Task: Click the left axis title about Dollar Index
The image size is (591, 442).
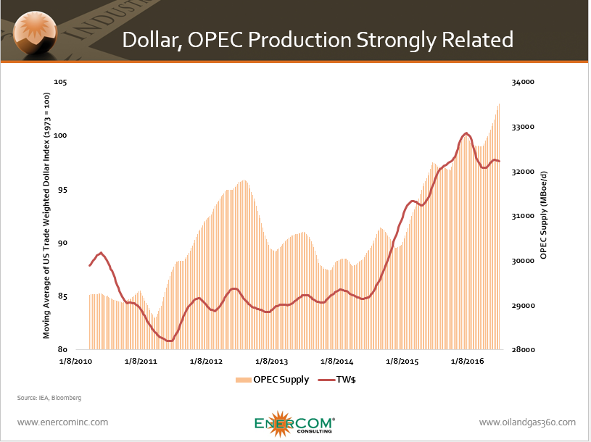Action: pos(46,216)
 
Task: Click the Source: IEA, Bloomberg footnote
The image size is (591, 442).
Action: pos(49,398)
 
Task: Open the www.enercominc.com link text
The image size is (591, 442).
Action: pos(62,422)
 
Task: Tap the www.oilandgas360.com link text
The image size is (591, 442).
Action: pos(527,422)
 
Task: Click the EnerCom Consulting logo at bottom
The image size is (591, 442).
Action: pos(294,423)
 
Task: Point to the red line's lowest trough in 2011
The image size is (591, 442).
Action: pos(169,341)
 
